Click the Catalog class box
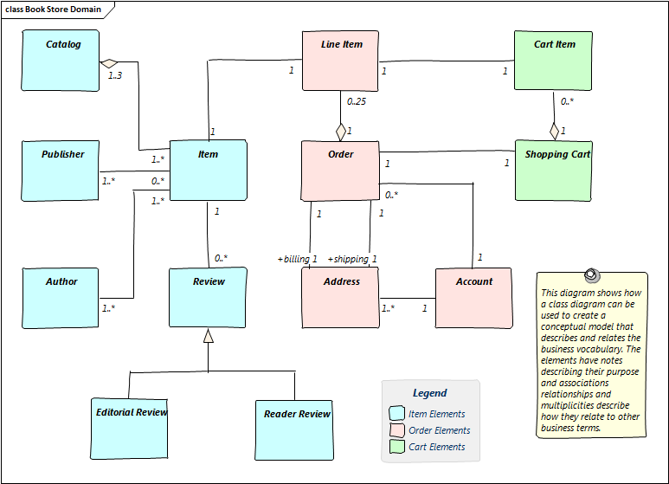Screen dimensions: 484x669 [x=60, y=60]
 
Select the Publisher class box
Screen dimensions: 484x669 [x=60, y=170]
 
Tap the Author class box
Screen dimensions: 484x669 [x=60, y=298]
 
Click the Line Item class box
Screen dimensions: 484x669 [x=340, y=61]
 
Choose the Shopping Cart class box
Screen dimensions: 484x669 [x=553, y=170]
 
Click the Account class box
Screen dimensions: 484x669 [x=473, y=298]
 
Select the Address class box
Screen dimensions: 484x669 [x=340, y=298]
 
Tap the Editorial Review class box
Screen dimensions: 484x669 [x=130, y=428]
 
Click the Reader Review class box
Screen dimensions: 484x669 [x=295, y=429]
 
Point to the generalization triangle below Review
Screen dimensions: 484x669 [x=208, y=336]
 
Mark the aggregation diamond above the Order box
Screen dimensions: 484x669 [x=341, y=132]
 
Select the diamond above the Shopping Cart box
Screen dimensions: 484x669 [x=554, y=131]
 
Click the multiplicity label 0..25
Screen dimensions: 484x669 [x=357, y=102]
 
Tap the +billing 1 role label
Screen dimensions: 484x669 [x=297, y=259]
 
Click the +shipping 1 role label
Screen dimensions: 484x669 [x=351, y=259]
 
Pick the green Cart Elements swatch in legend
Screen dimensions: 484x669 [x=397, y=447]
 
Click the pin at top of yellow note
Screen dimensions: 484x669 [x=591, y=274]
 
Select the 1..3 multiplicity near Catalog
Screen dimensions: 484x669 [x=115, y=75]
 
